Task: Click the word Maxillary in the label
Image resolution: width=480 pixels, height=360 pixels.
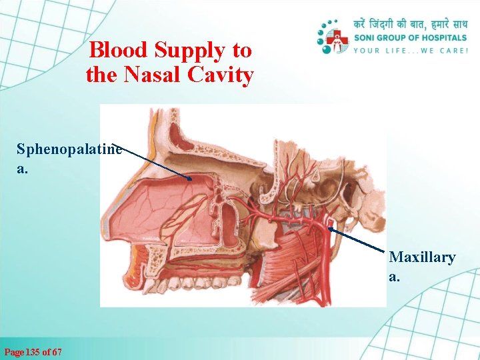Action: click(422, 257)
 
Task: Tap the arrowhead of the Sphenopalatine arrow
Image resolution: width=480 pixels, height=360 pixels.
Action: click(191, 179)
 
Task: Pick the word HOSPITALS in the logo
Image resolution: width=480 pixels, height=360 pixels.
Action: click(439, 37)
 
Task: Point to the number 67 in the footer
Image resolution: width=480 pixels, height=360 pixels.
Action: click(57, 351)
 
